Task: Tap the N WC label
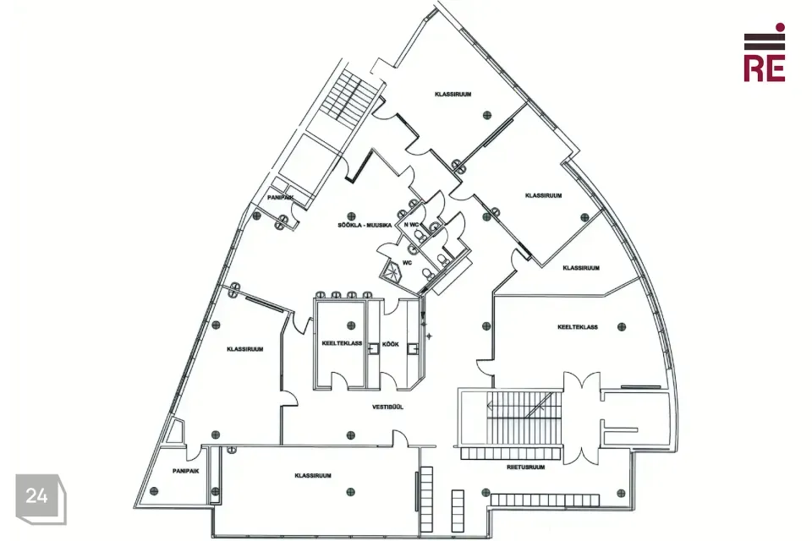tap(411, 224)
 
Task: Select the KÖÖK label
tap(391, 344)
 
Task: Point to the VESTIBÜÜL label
tap(387, 407)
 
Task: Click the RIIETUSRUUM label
tap(525, 467)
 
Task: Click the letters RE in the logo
tap(765, 68)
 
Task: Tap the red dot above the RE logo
tap(780, 27)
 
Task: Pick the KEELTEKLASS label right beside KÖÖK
tap(342, 343)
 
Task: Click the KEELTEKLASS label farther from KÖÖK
tap(578, 327)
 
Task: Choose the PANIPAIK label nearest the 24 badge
tap(185, 471)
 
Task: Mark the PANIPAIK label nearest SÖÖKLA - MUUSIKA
tap(281, 198)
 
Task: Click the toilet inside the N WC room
tap(420, 236)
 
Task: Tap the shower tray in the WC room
tap(391, 271)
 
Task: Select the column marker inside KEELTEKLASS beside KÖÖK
tap(351, 325)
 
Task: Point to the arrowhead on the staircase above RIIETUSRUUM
tap(490, 407)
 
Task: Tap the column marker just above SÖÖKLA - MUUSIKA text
tap(352, 216)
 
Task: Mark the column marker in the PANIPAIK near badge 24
tap(153, 491)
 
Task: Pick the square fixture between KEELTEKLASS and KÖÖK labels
tap(372, 349)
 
